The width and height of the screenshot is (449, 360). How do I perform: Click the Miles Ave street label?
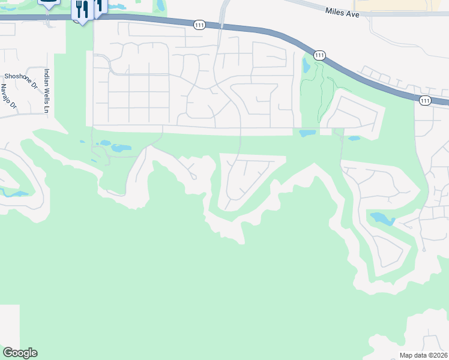(x=342, y=11)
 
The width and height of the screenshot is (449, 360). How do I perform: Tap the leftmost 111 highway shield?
(x=200, y=25)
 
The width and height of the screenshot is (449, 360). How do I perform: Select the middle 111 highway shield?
(x=319, y=55)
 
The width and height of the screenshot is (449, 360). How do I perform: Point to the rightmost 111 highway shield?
(x=425, y=100)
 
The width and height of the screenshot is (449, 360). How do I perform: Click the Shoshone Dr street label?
(x=21, y=76)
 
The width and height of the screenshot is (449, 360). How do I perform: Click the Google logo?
(x=20, y=353)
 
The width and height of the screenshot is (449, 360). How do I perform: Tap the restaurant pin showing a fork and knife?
(x=82, y=10)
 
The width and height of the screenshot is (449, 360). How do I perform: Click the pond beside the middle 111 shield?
(x=308, y=65)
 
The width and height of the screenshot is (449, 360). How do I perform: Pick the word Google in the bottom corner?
(x=20, y=353)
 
